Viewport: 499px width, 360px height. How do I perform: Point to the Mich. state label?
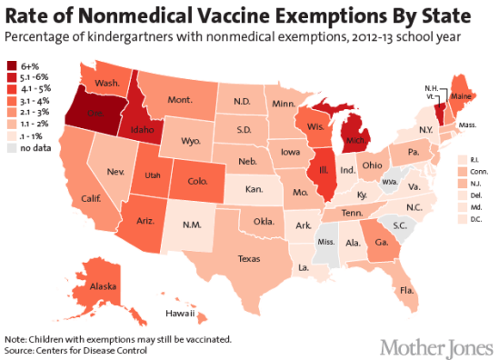coord(355,144)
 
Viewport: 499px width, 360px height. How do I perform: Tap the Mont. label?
coord(179,99)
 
